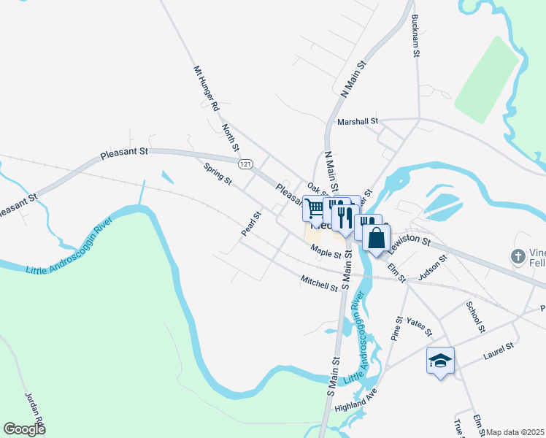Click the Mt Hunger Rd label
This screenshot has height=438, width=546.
click(x=206, y=88)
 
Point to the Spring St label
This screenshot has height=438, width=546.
click(x=218, y=173)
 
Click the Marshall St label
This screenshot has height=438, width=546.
click(x=356, y=121)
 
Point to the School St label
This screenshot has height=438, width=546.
click(x=474, y=315)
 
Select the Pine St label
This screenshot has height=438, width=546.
click(x=398, y=328)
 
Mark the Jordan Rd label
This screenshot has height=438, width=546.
click(x=36, y=410)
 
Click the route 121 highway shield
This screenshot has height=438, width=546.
click(x=246, y=164)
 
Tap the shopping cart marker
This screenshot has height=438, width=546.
click(x=314, y=209)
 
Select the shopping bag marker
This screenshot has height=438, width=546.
click(x=376, y=238)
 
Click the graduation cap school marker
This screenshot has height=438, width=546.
click(x=440, y=361)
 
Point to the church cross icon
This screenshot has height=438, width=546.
click(x=518, y=256)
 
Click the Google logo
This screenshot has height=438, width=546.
click(x=25, y=429)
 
